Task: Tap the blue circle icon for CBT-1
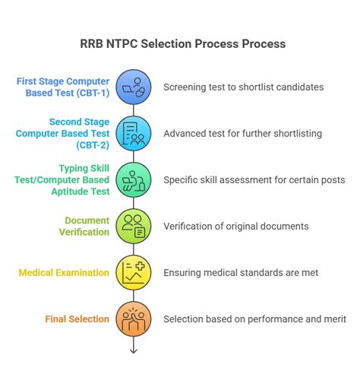click(133, 87)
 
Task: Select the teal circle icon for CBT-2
click(133, 133)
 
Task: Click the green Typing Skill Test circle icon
click(133, 179)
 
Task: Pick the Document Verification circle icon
click(133, 226)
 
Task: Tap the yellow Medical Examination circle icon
click(133, 272)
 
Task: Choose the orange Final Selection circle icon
click(133, 318)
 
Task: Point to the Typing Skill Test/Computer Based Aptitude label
click(71, 179)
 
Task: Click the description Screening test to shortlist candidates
click(243, 87)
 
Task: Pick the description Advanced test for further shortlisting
click(242, 133)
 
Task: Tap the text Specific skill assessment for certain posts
click(254, 179)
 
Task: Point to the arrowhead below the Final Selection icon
click(133, 350)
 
